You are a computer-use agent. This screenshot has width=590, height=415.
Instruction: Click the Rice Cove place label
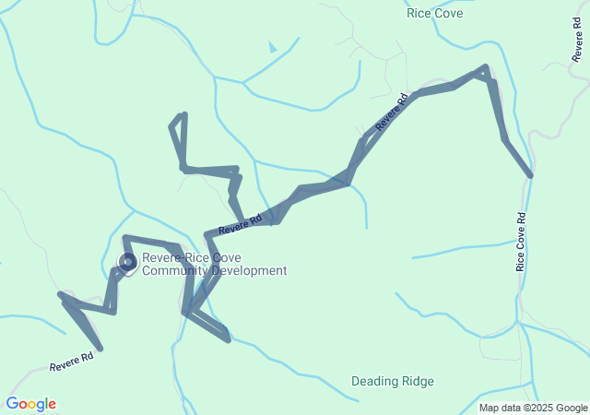coord(434,13)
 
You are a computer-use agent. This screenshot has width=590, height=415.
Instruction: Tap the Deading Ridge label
coord(393,381)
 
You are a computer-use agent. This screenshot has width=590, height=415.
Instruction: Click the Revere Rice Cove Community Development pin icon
coord(128,263)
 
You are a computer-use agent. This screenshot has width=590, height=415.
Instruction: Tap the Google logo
coord(30,404)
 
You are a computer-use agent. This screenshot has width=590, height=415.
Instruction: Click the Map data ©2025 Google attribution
coord(533,408)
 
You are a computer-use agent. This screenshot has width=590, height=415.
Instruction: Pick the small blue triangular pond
coord(272,46)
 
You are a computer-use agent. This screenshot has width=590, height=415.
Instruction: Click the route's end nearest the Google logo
coord(100,349)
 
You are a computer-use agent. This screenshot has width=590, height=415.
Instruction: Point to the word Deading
coord(374,381)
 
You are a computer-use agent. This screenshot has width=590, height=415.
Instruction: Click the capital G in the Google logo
coord(12,404)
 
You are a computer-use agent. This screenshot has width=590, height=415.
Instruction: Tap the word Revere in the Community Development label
coord(162,258)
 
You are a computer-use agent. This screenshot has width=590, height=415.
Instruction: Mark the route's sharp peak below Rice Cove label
coord(485,68)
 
